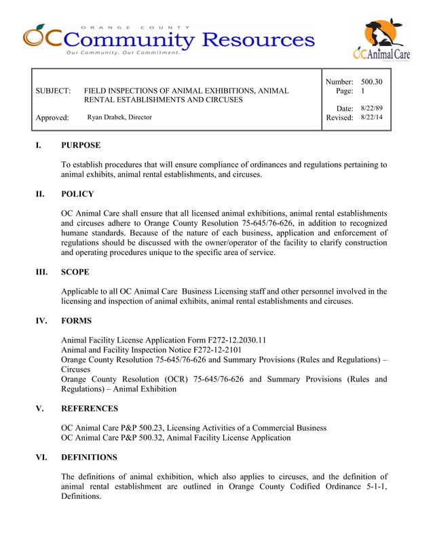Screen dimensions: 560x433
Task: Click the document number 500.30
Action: point(372,82)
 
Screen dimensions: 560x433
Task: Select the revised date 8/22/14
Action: point(371,117)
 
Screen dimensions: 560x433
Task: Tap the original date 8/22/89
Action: point(371,108)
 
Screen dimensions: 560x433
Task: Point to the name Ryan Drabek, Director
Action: point(119,117)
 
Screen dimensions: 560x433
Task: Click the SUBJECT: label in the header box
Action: point(53,90)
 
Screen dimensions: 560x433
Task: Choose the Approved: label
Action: point(52,118)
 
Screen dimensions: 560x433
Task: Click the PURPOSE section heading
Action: point(81,145)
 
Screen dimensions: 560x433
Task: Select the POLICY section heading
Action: point(77,194)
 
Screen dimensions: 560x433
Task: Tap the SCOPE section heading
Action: point(75,273)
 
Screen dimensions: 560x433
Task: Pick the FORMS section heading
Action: point(77,321)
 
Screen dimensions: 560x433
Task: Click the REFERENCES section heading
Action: point(90,409)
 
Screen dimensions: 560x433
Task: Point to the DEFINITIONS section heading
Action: point(89,458)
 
